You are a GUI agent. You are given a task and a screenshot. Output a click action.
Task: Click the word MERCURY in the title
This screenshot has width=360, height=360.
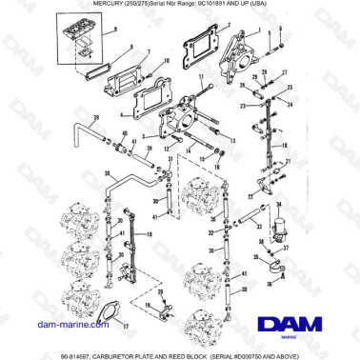tap(84, 6)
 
